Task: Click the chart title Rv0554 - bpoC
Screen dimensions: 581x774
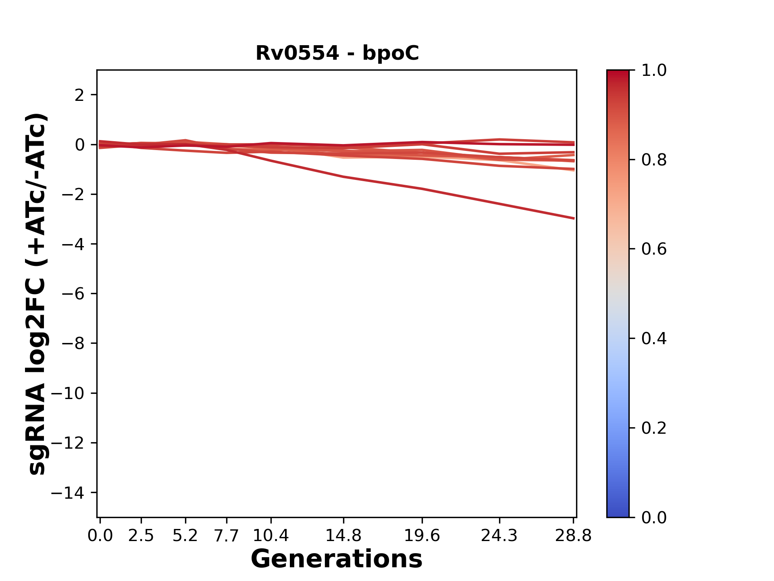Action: coord(337,53)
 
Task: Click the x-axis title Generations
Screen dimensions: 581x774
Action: coord(337,559)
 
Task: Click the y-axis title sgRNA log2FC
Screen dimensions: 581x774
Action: coord(37,294)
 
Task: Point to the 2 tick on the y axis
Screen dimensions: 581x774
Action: coord(79,95)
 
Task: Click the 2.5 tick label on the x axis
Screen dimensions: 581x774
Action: coord(141,536)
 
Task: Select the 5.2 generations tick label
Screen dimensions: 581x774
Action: coord(185,536)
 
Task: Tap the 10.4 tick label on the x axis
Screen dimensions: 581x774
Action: coord(270,536)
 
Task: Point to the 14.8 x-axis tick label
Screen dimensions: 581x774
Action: coord(343,536)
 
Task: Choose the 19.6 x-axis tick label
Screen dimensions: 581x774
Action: coord(422,536)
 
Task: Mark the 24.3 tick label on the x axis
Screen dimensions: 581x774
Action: coord(499,536)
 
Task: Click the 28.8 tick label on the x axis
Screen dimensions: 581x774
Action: coord(573,536)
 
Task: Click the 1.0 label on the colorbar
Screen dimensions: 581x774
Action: coord(654,71)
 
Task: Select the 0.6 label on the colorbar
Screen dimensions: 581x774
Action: coord(654,249)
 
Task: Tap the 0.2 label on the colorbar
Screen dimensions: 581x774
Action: coord(654,428)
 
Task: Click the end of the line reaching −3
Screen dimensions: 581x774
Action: coord(573,218)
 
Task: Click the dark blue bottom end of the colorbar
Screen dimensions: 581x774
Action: coord(618,513)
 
